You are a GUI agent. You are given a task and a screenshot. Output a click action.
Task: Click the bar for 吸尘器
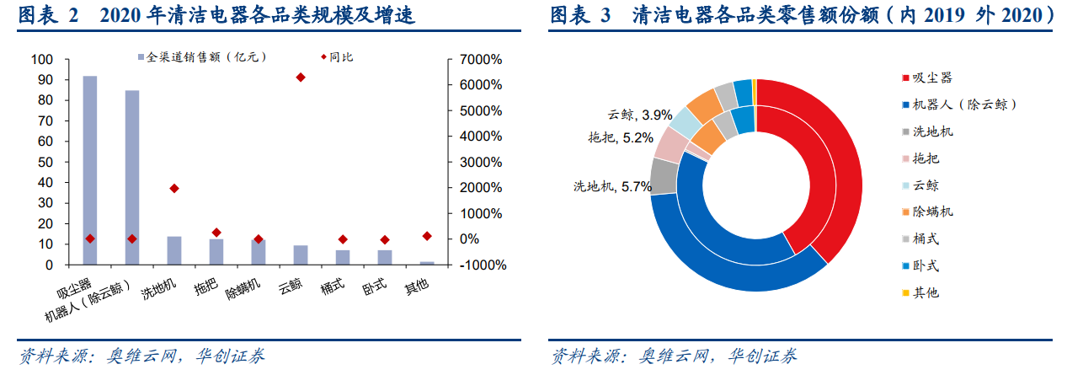click(90, 170)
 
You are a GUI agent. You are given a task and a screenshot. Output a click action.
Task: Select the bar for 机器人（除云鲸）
click(132, 177)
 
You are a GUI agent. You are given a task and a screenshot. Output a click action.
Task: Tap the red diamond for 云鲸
click(301, 78)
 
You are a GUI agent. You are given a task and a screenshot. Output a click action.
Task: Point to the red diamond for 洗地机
click(174, 189)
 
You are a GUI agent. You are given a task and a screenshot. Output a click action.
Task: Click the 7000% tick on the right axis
click(481, 60)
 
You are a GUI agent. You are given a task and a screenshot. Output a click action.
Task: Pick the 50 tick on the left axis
click(45, 162)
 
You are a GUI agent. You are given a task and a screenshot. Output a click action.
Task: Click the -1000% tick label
click(483, 265)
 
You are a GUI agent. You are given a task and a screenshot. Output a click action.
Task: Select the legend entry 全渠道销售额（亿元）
click(202, 57)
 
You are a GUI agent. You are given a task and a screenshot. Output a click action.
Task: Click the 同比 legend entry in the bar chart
click(337, 57)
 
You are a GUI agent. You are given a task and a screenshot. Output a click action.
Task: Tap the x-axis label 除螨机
click(243, 289)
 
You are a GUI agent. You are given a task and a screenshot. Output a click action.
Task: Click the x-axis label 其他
click(416, 287)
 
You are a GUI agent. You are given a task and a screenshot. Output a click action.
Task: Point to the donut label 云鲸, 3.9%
click(640, 115)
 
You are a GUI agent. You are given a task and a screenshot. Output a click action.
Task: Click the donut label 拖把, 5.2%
click(621, 138)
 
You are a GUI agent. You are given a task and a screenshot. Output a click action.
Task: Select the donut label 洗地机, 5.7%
click(612, 186)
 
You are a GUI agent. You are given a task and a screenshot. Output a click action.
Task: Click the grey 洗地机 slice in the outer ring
click(664, 176)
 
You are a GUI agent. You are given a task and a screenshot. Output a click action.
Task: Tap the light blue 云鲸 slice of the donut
click(685, 121)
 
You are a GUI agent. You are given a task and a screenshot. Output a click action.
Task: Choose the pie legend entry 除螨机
click(927, 212)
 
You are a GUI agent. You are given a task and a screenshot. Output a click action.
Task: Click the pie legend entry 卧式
click(920, 265)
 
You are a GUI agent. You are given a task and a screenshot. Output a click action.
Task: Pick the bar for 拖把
click(216, 252)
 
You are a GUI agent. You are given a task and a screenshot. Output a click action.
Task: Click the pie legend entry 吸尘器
click(927, 78)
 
